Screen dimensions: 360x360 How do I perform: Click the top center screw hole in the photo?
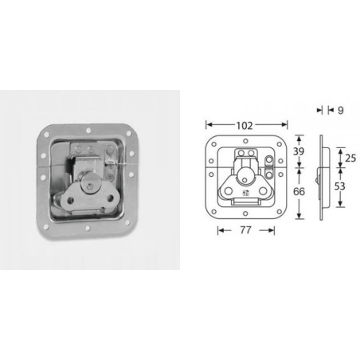[x=82, y=128]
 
